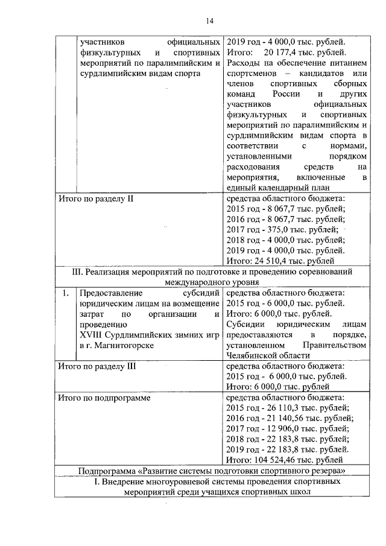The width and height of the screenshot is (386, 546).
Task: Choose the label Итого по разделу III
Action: (x=95, y=365)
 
